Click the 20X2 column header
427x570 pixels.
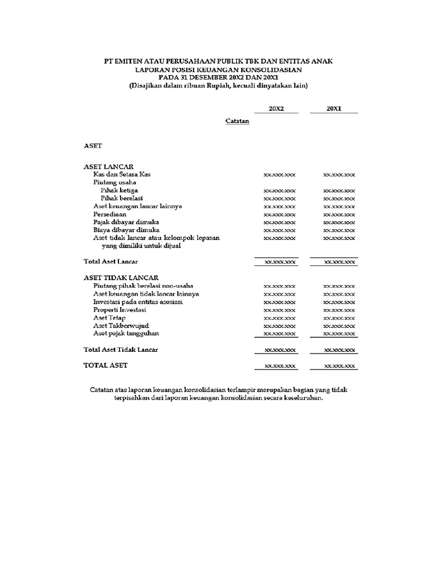pyautogui.click(x=276, y=109)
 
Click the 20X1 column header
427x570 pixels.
pyautogui.click(x=334, y=109)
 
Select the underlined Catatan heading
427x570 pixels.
pyautogui.click(x=237, y=121)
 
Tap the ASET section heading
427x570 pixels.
pyautogui.click(x=93, y=146)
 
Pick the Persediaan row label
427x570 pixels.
pyautogui.click(x=110, y=214)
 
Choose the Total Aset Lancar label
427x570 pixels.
pyautogui.click(x=111, y=261)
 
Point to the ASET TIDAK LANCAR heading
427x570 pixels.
pyautogui.click(x=121, y=277)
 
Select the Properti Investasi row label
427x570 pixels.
pyautogui.click(x=120, y=309)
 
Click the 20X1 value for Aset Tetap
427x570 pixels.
pyautogui.click(x=339, y=318)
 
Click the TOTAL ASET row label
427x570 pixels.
pyautogui.click(x=106, y=365)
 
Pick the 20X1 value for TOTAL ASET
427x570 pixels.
pyautogui.click(x=339, y=366)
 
